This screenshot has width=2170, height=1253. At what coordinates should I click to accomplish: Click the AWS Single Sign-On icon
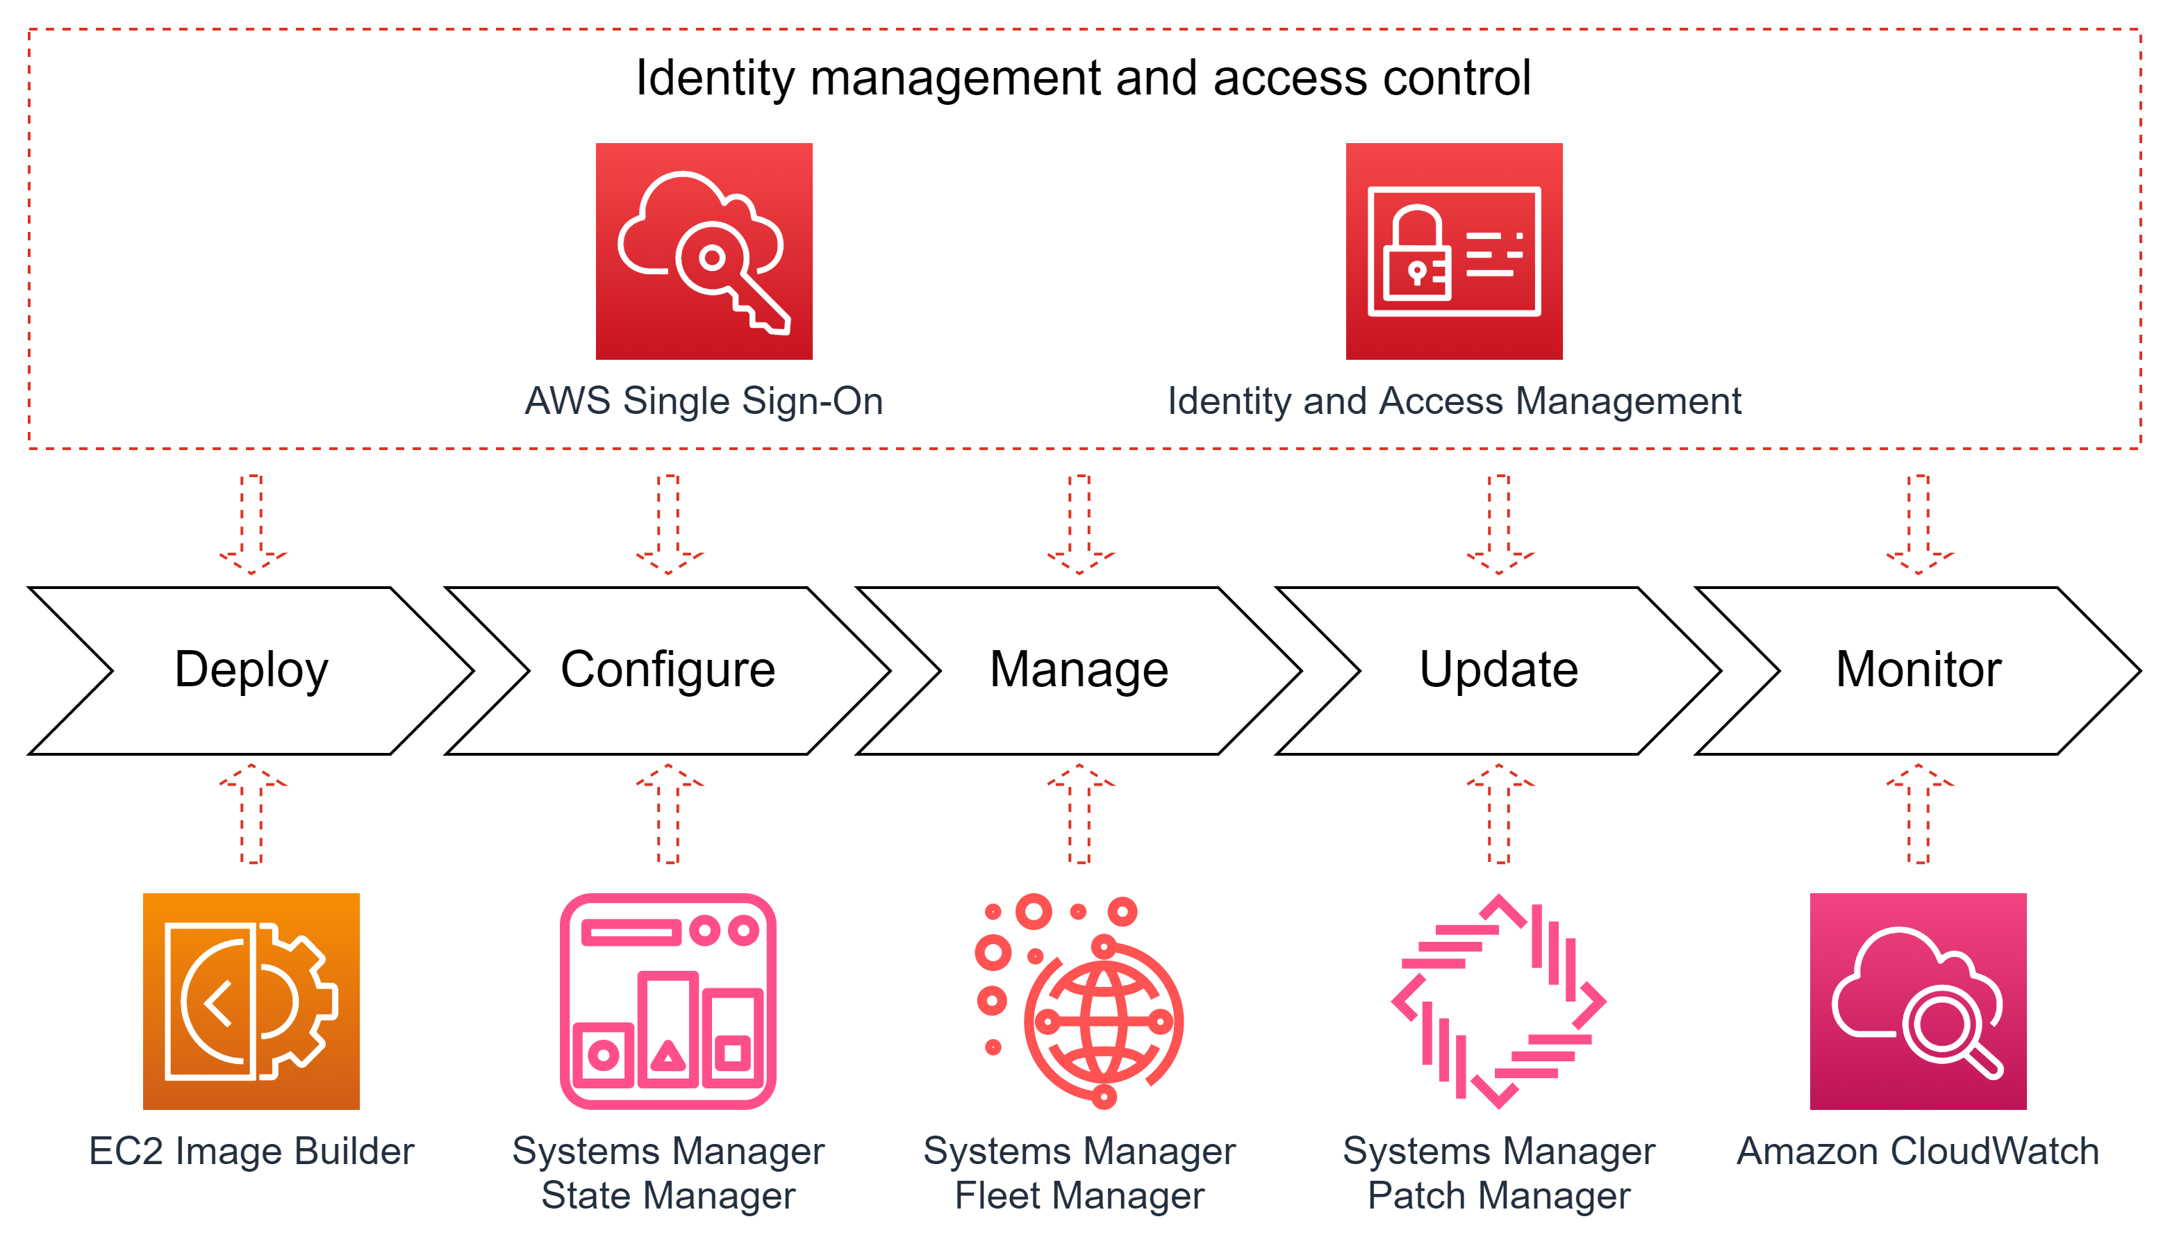tap(704, 251)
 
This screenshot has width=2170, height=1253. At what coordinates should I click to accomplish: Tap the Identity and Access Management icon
tap(1454, 251)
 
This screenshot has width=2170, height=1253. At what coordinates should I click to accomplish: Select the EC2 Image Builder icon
tap(251, 1001)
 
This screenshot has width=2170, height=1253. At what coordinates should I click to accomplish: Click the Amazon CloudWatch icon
tap(1918, 1001)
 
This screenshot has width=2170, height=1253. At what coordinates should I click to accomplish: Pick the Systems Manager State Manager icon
tap(668, 1001)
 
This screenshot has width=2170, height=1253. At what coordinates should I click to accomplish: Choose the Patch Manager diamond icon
tap(1499, 1001)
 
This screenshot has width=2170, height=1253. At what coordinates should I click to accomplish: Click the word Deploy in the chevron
tap(251, 670)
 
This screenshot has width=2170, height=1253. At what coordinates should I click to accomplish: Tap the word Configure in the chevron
tap(668, 670)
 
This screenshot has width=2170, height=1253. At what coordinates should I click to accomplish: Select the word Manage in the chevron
tap(1079, 670)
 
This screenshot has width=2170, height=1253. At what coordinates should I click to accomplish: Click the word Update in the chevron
tap(1499, 670)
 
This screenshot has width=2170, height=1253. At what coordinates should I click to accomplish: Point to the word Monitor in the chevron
tap(1918, 670)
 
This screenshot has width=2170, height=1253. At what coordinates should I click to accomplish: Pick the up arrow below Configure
tap(668, 813)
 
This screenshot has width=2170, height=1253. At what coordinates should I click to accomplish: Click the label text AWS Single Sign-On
tap(704, 401)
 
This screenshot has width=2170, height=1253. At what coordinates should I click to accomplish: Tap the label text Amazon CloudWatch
tap(1918, 1152)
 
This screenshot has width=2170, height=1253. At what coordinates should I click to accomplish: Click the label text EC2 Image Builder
tap(251, 1152)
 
